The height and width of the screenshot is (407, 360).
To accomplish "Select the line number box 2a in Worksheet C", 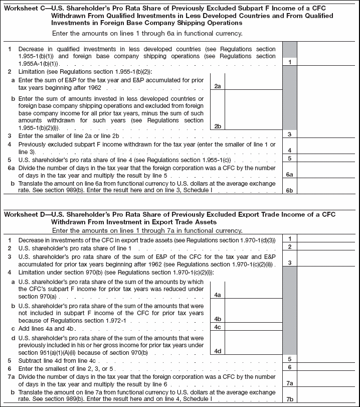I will (217, 87).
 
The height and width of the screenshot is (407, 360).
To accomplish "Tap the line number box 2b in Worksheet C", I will (217, 126).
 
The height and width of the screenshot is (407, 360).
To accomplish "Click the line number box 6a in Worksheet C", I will (289, 174).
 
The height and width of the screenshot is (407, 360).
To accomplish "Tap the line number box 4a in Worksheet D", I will (217, 295).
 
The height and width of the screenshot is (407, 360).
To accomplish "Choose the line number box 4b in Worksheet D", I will (217, 319).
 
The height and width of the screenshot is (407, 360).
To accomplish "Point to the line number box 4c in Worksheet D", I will (217, 327).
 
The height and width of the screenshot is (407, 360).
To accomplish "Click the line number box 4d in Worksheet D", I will (217, 351).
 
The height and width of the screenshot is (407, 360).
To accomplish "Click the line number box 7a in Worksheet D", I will (289, 383).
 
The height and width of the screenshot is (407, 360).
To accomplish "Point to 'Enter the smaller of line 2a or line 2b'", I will (69, 135).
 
